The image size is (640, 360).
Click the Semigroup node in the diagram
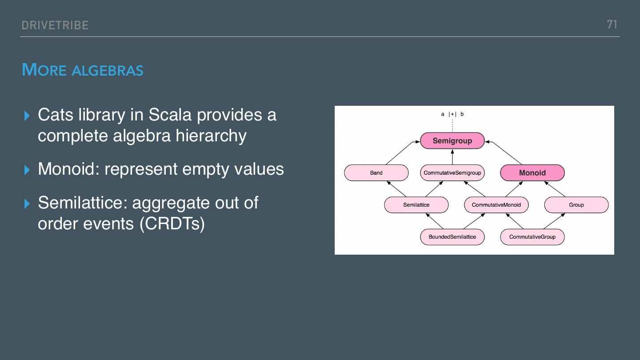point(452,141)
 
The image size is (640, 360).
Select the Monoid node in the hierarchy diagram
point(532,173)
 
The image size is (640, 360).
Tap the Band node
point(376,173)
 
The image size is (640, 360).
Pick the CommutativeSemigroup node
point(452,173)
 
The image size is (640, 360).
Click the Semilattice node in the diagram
point(416,205)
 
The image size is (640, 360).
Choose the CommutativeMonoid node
point(496,205)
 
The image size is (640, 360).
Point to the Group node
point(576,205)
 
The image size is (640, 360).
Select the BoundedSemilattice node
point(452,237)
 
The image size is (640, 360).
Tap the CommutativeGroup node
point(532,237)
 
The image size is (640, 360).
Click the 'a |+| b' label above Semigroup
point(452,114)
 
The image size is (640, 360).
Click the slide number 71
point(612,24)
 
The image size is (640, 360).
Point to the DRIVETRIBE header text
point(55,25)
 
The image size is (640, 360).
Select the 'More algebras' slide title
point(83,70)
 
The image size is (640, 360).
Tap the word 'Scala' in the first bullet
point(170,115)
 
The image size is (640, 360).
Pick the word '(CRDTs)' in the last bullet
point(172,223)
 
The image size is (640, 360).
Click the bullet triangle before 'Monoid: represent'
point(27,170)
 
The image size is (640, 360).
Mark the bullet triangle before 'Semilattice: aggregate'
point(27,204)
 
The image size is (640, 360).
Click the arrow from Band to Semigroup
point(402,153)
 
